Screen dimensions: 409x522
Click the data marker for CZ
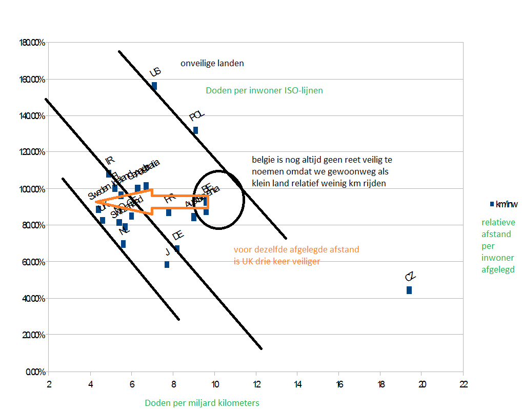click(409, 290)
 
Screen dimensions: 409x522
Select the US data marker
click(154, 86)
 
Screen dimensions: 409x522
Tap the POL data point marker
click(195, 130)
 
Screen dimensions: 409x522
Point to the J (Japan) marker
click(167, 264)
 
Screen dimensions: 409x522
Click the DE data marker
click(177, 248)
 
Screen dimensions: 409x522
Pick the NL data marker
click(123, 244)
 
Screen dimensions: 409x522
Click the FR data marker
click(169, 212)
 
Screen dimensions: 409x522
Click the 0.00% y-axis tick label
click(35, 372)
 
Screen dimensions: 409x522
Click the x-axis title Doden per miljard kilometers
click(202, 403)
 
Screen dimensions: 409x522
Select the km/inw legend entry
click(504, 204)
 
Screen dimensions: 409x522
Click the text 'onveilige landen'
click(212, 64)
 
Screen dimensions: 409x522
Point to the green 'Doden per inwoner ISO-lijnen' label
click(264, 90)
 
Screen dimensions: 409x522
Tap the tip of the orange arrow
click(96, 202)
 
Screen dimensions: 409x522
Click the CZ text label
click(410, 277)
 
